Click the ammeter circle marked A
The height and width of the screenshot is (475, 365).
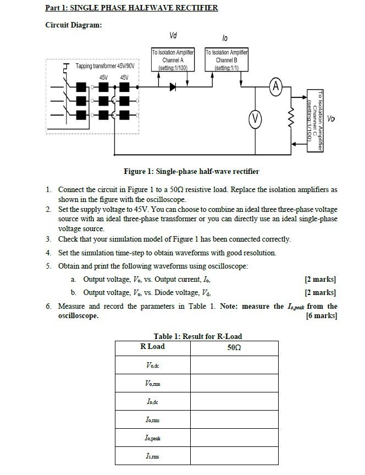276,86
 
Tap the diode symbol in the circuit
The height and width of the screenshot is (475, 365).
173,86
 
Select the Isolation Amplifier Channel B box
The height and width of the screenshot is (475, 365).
226,60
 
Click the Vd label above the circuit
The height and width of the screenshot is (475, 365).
173,36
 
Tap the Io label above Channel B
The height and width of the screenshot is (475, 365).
225,37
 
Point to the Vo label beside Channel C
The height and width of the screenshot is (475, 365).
331,118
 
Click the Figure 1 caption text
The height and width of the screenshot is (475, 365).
191,171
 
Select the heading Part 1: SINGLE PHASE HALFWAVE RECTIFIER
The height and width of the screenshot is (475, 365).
131,8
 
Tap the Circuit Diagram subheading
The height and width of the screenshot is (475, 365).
73,25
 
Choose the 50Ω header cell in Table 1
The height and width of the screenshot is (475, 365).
234,347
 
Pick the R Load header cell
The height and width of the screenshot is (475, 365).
152,347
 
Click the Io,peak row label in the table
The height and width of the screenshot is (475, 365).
153,438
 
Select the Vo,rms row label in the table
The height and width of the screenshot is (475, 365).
153,384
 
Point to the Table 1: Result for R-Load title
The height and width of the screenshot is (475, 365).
197,336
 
